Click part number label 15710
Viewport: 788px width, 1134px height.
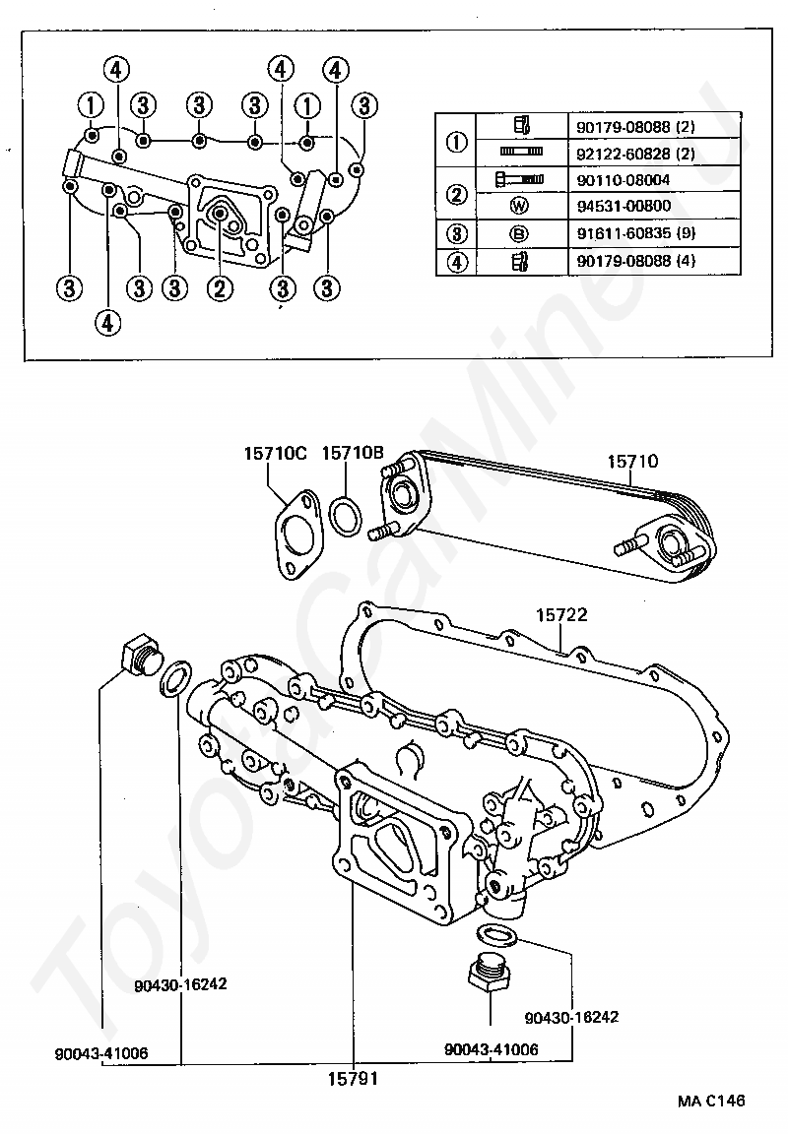(632, 461)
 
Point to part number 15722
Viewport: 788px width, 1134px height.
(561, 615)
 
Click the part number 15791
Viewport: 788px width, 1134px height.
(353, 1078)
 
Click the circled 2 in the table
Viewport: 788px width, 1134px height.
(456, 194)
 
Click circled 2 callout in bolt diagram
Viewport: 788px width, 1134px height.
(219, 287)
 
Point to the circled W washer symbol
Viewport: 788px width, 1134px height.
(521, 207)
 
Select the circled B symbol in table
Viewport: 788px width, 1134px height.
(521, 234)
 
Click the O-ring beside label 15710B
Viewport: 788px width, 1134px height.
(346, 517)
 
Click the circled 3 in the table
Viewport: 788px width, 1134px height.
(456, 234)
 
